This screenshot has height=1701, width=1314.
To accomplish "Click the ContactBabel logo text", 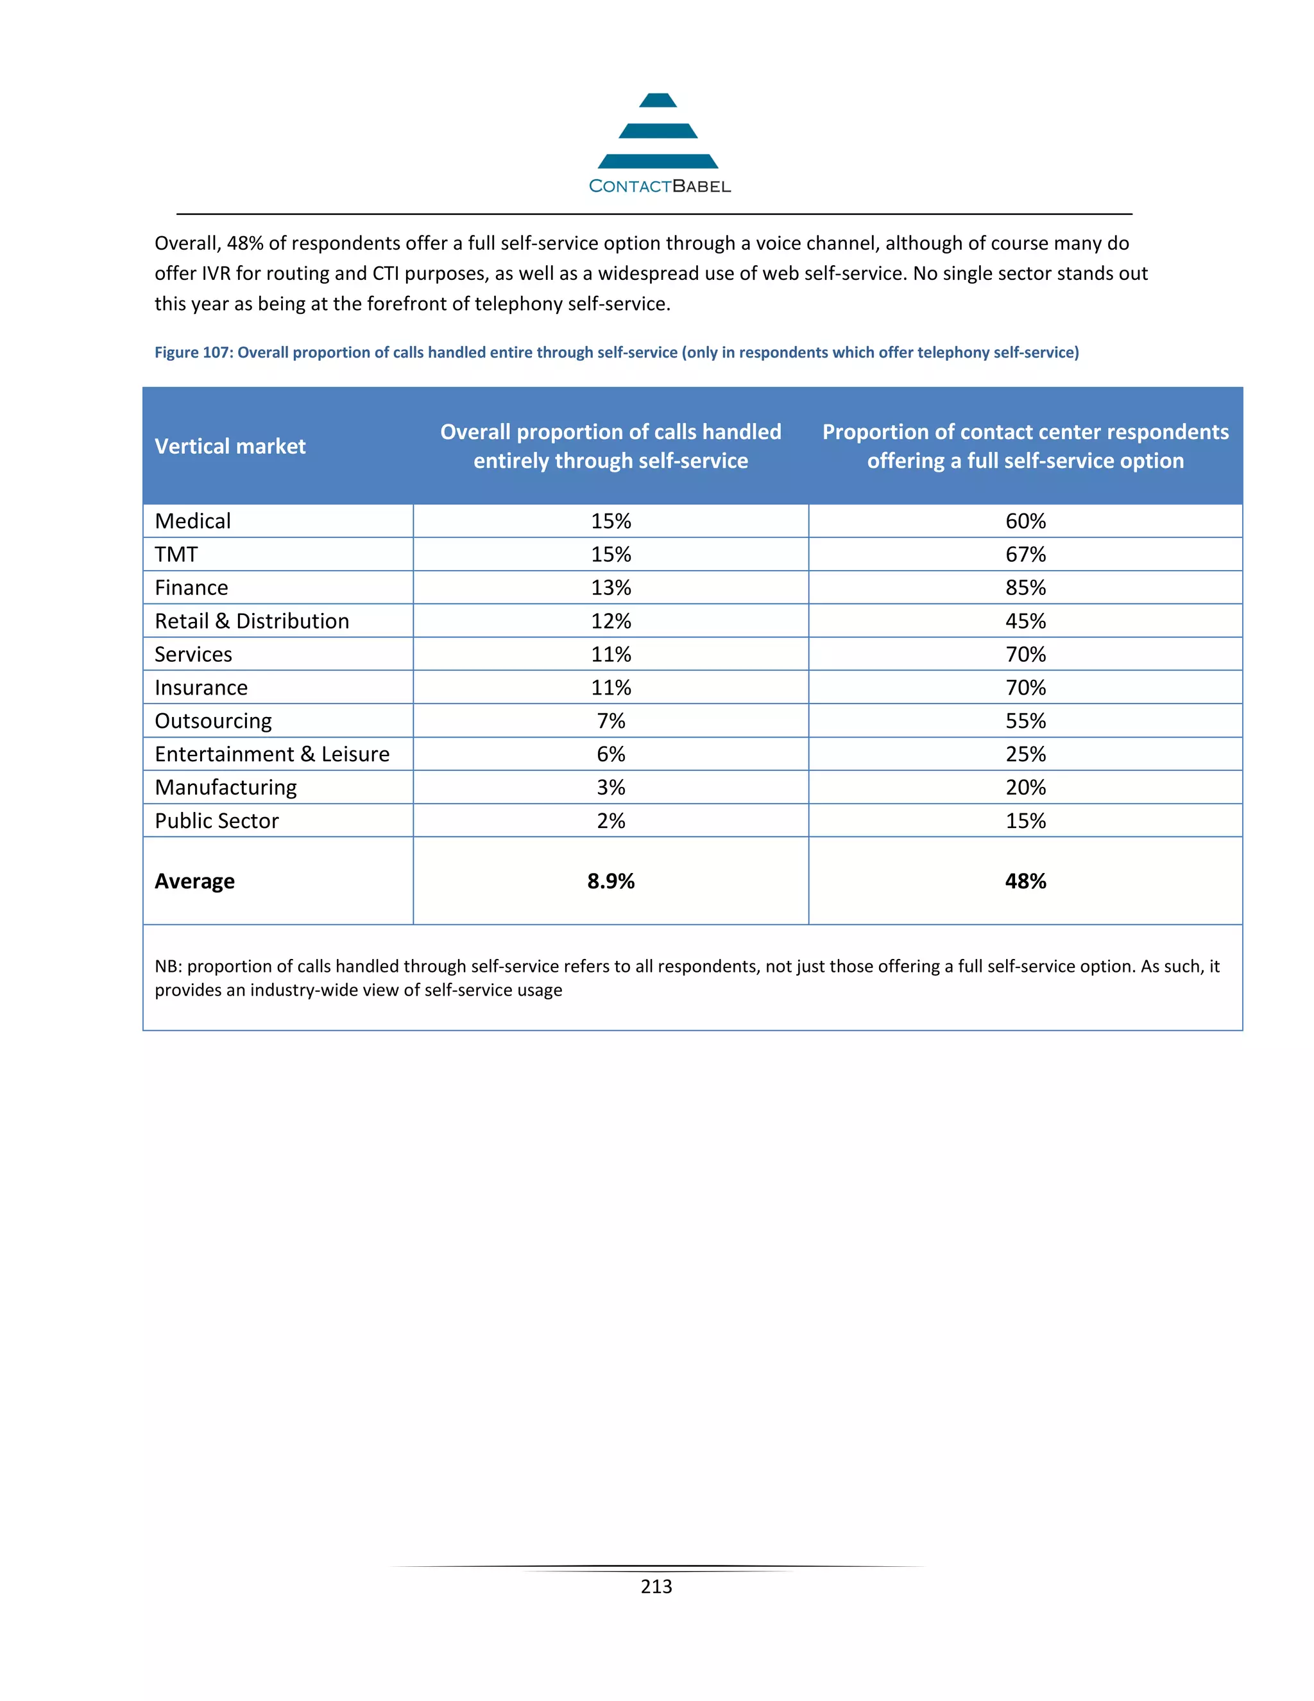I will tap(660, 186).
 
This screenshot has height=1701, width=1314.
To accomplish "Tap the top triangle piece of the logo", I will tap(658, 101).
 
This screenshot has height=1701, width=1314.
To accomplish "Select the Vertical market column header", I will tap(230, 446).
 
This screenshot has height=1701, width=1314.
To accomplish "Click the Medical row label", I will tap(192, 521).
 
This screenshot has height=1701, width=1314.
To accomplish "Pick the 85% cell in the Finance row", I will tap(1025, 588).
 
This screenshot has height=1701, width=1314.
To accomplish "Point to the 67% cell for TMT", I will tap(1025, 555).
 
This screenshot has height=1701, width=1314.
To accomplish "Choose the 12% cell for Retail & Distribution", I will tap(610, 621).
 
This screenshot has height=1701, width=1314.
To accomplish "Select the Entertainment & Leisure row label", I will tap(271, 755).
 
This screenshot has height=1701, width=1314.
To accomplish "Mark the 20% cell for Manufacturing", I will tap(1025, 788).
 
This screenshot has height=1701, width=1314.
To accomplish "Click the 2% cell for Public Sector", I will tap(610, 821).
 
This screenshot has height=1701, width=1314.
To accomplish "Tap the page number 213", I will tap(656, 1587).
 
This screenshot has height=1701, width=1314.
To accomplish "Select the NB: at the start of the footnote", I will tap(168, 967).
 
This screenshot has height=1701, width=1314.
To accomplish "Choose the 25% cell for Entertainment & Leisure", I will tap(1025, 755).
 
